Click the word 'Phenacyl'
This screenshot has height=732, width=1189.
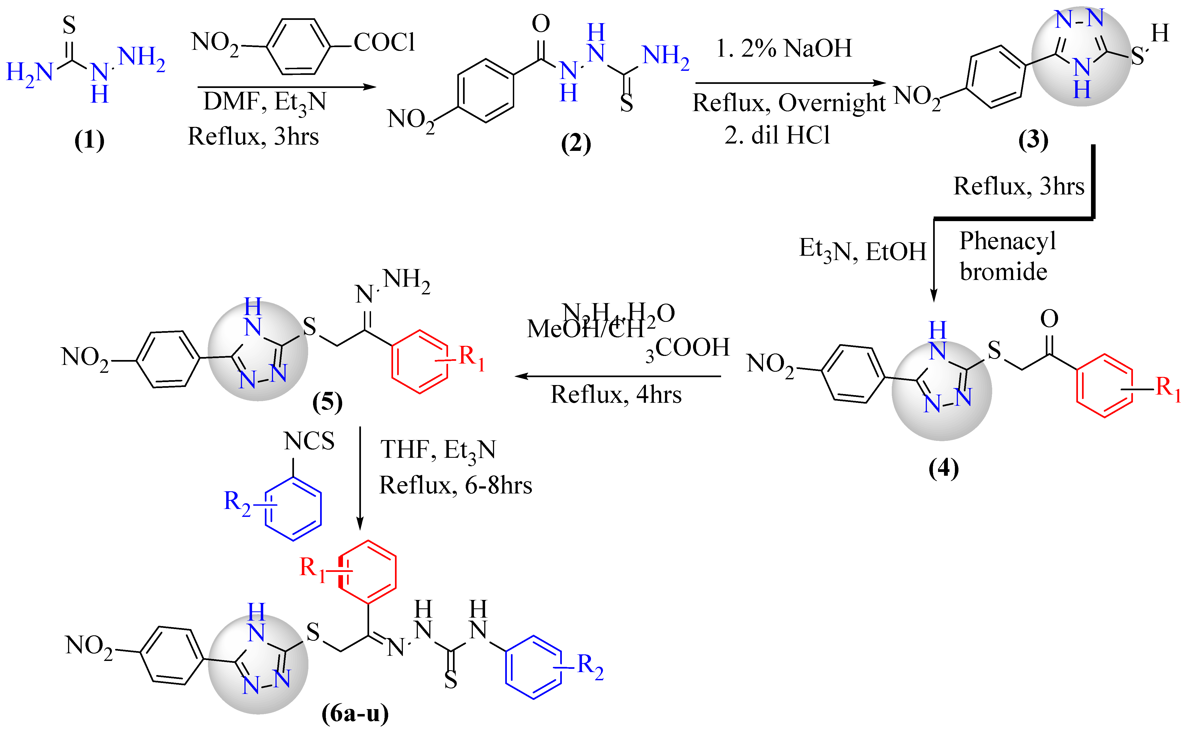[x=1007, y=241]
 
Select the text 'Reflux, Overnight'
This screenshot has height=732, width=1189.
[x=789, y=103]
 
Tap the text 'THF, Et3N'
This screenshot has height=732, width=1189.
[x=438, y=450]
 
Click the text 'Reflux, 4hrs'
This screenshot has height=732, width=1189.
[x=616, y=395]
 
